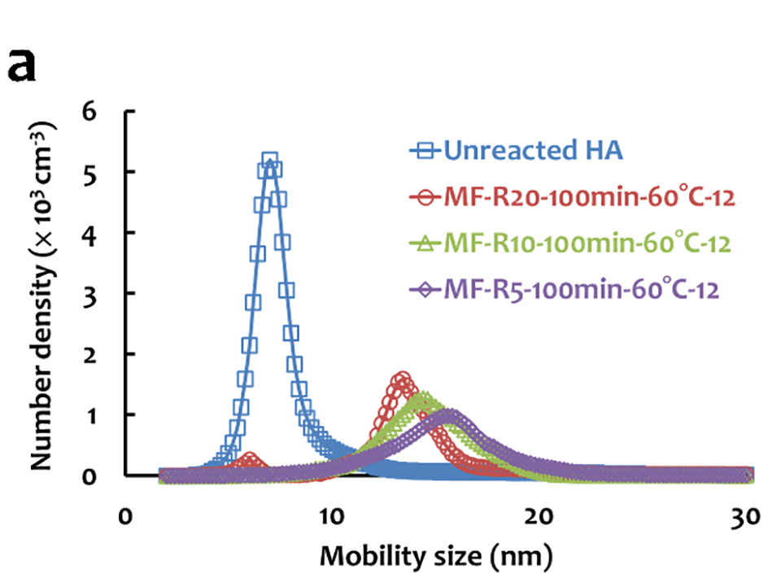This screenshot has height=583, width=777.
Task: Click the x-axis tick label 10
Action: coord(330,518)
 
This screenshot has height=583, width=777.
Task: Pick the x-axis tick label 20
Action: coord(538,518)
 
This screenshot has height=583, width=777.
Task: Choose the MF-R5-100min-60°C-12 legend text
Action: coord(583,288)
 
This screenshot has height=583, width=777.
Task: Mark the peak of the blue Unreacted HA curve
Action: coord(269,160)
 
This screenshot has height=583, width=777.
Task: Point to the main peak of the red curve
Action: coord(402,380)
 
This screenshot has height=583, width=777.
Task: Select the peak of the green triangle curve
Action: coord(424,400)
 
